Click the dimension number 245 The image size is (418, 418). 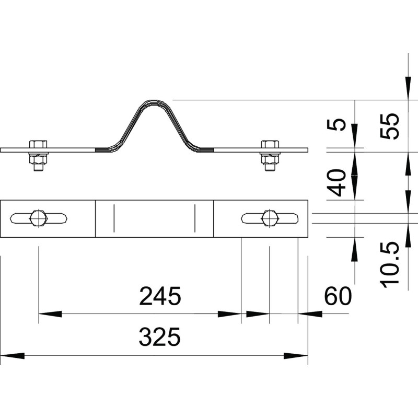[x=160, y=296]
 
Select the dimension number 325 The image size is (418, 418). [x=160, y=337]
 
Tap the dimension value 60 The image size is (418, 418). [x=338, y=296]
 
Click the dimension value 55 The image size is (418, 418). [x=389, y=126]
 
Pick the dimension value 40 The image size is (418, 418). [x=336, y=182]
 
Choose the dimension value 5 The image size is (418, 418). [x=336, y=125]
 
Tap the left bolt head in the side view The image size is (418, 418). [x=38, y=144]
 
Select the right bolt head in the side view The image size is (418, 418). [x=270, y=144]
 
